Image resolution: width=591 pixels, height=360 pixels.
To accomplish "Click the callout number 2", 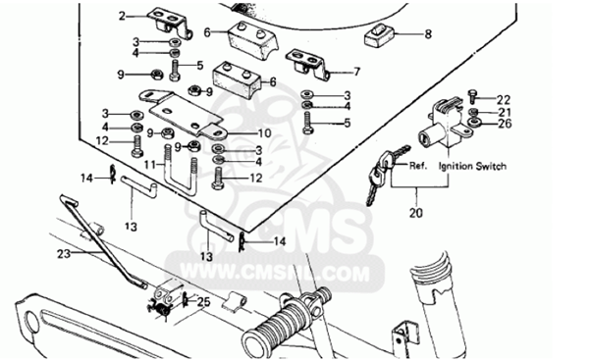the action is [x=122, y=17].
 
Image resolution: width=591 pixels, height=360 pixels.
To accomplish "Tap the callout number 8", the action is [x=428, y=34].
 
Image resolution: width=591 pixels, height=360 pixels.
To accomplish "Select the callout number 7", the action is [x=356, y=72].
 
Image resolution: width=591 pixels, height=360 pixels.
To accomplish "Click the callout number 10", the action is [x=265, y=133].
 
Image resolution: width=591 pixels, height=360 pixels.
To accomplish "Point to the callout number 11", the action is [x=150, y=165].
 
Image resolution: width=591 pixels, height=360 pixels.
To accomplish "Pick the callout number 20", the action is [x=416, y=213].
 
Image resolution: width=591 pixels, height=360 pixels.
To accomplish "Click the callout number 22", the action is [x=504, y=100].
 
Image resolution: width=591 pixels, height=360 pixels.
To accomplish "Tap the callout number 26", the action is [x=505, y=124].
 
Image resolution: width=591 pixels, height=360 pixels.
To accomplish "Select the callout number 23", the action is [x=64, y=254].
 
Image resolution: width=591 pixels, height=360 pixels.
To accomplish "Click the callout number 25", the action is [x=204, y=302].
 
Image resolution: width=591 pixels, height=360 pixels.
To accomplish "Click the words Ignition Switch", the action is [x=472, y=166].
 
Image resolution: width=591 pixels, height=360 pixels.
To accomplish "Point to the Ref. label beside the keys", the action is [x=418, y=166].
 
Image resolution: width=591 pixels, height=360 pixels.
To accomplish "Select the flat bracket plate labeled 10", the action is [x=184, y=112].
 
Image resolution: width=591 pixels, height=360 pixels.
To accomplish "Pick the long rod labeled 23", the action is [x=101, y=241].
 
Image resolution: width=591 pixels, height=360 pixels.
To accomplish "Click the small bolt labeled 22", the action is [x=471, y=96].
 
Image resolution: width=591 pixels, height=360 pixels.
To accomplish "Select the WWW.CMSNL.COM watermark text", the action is [x=275, y=273].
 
